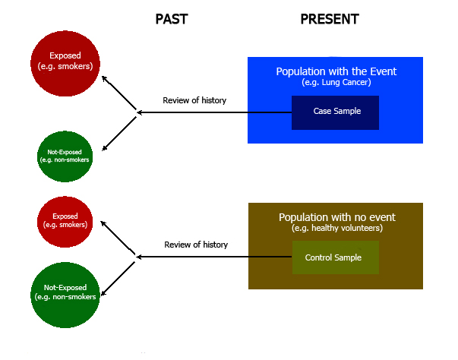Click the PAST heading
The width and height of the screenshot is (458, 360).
tap(172, 19)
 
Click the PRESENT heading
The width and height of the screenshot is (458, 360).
tap(330, 19)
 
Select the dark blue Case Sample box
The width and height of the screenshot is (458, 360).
tap(335, 112)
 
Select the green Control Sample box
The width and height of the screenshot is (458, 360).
tap(336, 257)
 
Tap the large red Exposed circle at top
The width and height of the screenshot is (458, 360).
tap(65, 63)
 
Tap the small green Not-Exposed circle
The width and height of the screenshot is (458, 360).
tap(65, 156)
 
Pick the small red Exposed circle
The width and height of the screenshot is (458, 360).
tap(65, 222)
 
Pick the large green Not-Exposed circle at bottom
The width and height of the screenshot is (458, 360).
tap(65, 295)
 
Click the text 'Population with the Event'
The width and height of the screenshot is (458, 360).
tap(336, 71)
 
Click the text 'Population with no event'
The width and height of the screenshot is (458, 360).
tap(336, 217)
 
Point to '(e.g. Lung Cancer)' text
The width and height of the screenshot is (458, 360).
tap(336, 82)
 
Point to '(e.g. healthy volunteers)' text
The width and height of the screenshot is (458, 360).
tap(337, 228)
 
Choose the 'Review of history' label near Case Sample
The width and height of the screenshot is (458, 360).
tap(194, 100)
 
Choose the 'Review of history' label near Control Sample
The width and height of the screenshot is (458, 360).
tap(196, 245)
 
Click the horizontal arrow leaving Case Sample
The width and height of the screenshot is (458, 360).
tap(214, 112)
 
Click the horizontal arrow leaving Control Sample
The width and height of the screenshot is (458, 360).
tap(214, 257)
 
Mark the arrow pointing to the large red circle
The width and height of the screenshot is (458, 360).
tap(119, 93)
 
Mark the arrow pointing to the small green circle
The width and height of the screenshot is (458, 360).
tap(119, 134)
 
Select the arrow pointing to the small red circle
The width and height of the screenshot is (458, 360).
tap(118, 238)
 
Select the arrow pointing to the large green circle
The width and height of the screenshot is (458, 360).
tap(118, 278)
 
